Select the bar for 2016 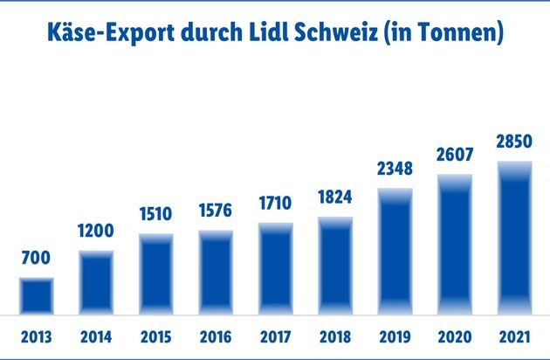pyautogui.click(x=216, y=272)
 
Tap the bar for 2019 pyautogui.click(x=395, y=252)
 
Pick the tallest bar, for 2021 pyautogui.click(x=514, y=237)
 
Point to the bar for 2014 pyautogui.click(x=97, y=282)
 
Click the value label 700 pyautogui.click(x=37, y=259)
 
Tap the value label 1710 pyautogui.click(x=276, y=205)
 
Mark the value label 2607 pyautogui.click(x=455, y=155)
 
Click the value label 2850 pyautogui.click(x=514, y=142)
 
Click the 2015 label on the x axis pyautogui.click(x=156, y=336)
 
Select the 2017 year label pyautogui.click(x=276, y=336)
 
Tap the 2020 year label pyautogui.click(x=455, y=336)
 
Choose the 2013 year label pyautogui.click(x=37, y=336)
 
